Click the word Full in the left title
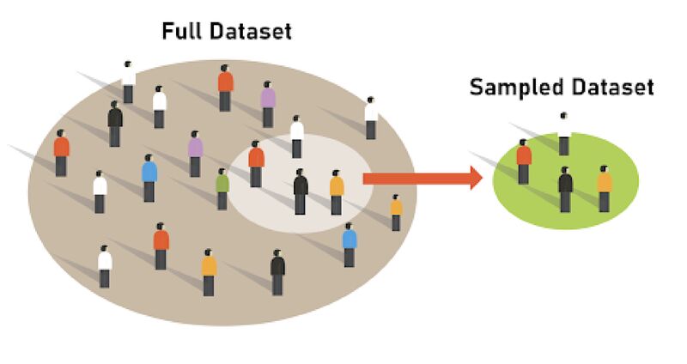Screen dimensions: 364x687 point(185,33)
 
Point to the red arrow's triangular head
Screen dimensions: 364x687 point(474,179)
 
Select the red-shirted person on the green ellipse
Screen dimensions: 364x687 point(523,161)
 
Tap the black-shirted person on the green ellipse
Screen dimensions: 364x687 point(565,187)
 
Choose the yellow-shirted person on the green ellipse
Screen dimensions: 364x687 point(605,187)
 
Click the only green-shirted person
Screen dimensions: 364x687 point(222,187)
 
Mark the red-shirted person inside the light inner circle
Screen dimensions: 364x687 point(256,163)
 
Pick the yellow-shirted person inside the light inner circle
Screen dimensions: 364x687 point(337,191)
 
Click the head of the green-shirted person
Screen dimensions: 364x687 point(222,171)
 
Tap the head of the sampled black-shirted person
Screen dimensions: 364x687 point(565,169)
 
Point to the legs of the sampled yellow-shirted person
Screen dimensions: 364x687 point(605,203)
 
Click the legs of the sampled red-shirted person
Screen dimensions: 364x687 point(523,175)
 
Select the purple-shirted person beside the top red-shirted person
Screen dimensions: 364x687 point(268,103)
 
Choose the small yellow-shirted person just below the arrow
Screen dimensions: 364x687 point(396,212)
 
